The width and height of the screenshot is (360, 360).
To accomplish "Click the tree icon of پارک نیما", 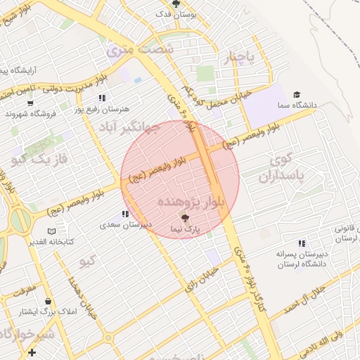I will point(184,218).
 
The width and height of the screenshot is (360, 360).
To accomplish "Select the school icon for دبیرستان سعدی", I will point(125,214).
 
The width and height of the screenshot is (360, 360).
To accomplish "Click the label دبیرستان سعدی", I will point(125,225).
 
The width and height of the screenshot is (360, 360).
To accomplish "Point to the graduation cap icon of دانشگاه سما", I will point(297,95).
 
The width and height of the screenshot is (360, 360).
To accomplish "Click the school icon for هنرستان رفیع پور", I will point(102,98).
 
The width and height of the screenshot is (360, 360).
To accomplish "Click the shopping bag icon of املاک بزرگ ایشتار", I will point(48,301).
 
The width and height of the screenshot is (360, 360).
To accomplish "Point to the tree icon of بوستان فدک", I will point(176,4).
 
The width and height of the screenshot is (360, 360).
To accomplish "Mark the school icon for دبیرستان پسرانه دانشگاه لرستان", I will point(302,243).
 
